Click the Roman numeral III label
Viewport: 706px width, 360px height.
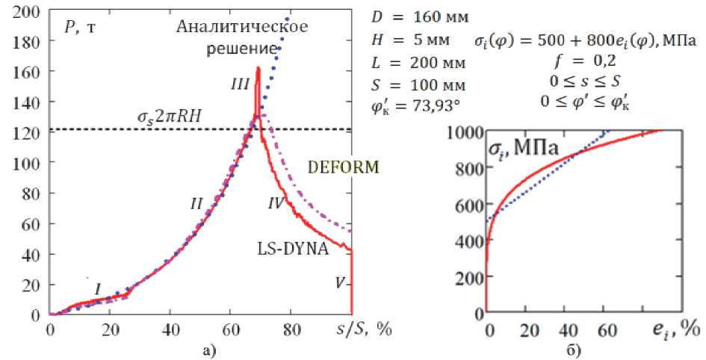[240, 87]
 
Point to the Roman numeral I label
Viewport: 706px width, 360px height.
[97, 288]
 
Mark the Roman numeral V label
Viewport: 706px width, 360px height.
[341, 283]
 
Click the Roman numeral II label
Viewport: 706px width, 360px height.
[197, 202]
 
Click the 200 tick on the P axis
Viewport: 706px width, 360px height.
[29, 11]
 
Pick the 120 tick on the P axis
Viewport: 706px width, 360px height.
[29, 133]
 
